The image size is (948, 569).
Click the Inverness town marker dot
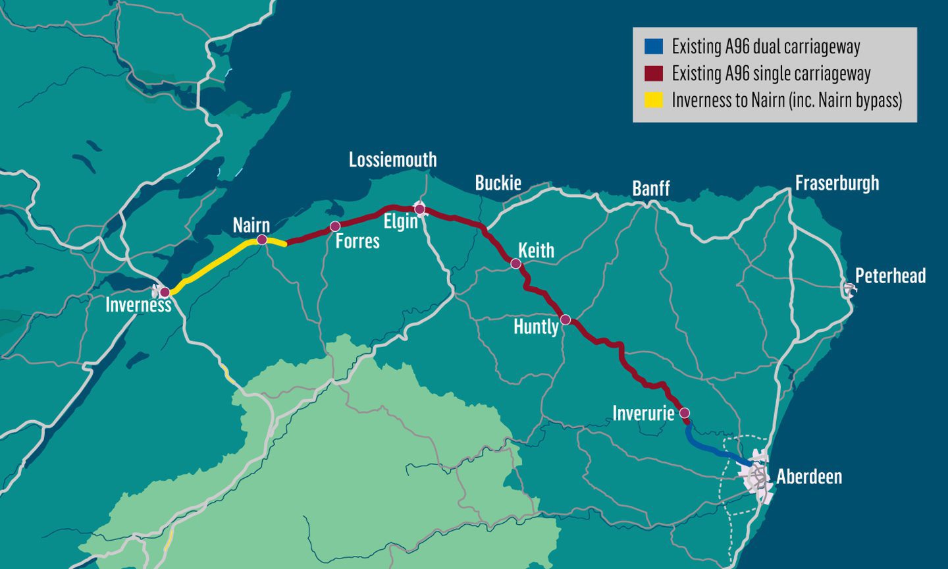tap(165, 292)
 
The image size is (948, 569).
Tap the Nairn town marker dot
tap(261, 240)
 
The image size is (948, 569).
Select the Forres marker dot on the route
tap(334, 227)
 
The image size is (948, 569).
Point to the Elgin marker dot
tap(419, 209)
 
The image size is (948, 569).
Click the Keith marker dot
tap(516, 263)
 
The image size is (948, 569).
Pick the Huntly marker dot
tap(565, 320)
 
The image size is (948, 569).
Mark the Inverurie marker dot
tap(684, 413)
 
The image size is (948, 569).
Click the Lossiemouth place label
tap(392, 159)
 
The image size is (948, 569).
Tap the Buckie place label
tap(498, 182)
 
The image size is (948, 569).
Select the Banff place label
tap(650, 188)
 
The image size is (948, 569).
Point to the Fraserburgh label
tap(837, 182)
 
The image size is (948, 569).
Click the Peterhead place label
tap(890, 275)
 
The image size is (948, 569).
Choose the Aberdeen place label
tap(808, 476)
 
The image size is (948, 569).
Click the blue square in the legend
tap(653, 47)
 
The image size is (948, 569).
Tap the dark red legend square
tap(653, 73)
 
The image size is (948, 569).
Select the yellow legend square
tap(653, 100)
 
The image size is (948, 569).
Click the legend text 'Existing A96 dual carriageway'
tap(766, 47)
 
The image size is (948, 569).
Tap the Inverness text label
tap(138, 305)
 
